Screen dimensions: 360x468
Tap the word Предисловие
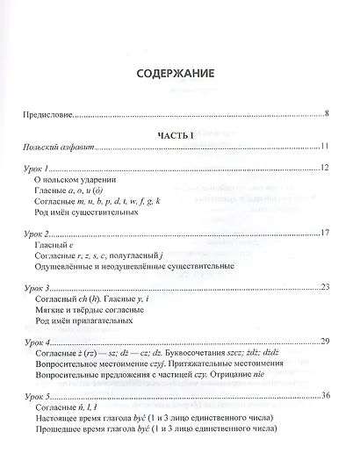[54, 114]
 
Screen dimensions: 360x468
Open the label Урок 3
[45, 287]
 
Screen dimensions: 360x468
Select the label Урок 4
[45, 342]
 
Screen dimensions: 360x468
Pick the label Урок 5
[45, 396]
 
